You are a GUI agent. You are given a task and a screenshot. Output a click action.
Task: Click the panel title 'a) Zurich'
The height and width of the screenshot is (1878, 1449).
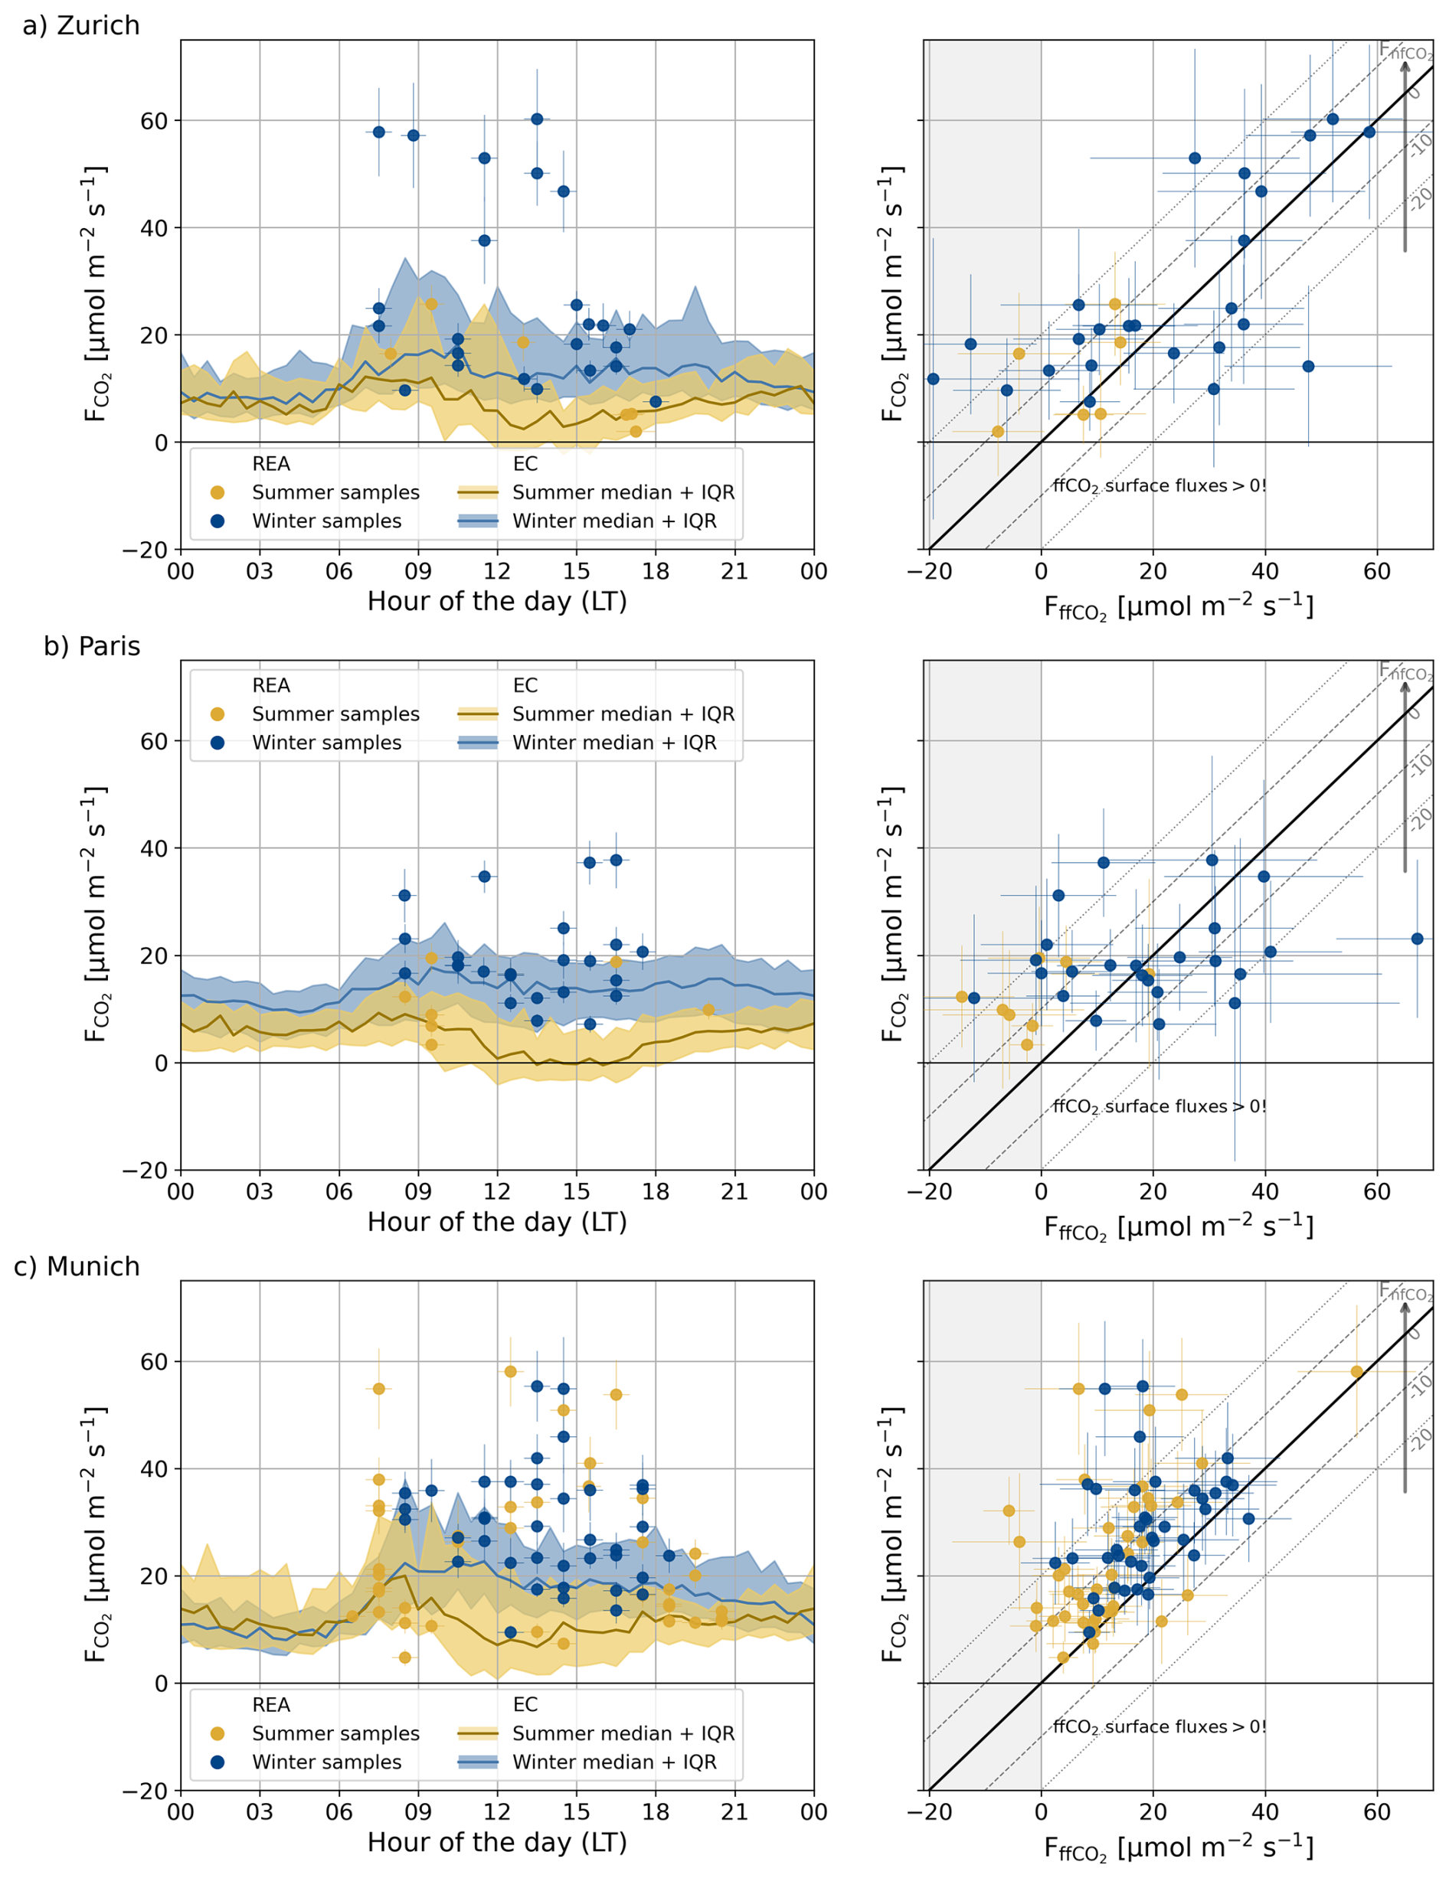(x=81, y=26)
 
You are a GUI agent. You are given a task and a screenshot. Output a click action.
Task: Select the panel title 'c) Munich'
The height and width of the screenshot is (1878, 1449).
(x=77, y=1266)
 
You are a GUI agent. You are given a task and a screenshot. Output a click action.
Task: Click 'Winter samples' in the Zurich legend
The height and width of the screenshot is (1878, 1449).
(x=326, y=521)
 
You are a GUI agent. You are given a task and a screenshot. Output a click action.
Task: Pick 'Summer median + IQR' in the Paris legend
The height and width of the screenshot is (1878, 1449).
(x=623, y=714)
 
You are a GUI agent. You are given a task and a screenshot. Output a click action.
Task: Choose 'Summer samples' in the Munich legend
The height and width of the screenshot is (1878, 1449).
(x=335, y=1733)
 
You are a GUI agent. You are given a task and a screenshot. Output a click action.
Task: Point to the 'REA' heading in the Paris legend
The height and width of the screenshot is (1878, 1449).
(x=271, y=685)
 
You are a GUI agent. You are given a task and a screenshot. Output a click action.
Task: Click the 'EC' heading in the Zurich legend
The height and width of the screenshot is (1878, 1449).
(x=525, y=465)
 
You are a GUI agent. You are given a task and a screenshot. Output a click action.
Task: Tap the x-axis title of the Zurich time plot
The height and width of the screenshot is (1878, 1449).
(x=497, y=601)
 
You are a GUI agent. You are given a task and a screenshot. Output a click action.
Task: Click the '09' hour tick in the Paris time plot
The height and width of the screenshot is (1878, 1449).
(x=418, y=1192)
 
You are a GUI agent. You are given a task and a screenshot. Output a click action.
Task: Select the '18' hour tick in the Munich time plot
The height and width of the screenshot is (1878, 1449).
(x=656, y=1813)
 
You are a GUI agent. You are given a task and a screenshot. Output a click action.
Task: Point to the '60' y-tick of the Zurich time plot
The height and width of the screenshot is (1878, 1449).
(x=154, y=121)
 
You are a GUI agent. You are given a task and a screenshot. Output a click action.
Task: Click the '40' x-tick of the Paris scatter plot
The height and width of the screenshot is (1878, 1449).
(x=1265, y=1192)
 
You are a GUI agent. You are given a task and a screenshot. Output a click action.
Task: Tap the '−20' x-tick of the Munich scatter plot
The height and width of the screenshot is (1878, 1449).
(x=930, y=1813)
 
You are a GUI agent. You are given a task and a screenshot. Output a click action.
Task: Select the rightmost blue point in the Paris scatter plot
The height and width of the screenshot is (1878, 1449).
(x=1417, y=939)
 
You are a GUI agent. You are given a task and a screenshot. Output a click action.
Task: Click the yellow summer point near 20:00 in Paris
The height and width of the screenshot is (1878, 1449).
(x=708, y=1011)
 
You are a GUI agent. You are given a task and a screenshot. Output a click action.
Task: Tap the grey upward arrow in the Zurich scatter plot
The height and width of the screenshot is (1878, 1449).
(x=1405, y=155)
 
